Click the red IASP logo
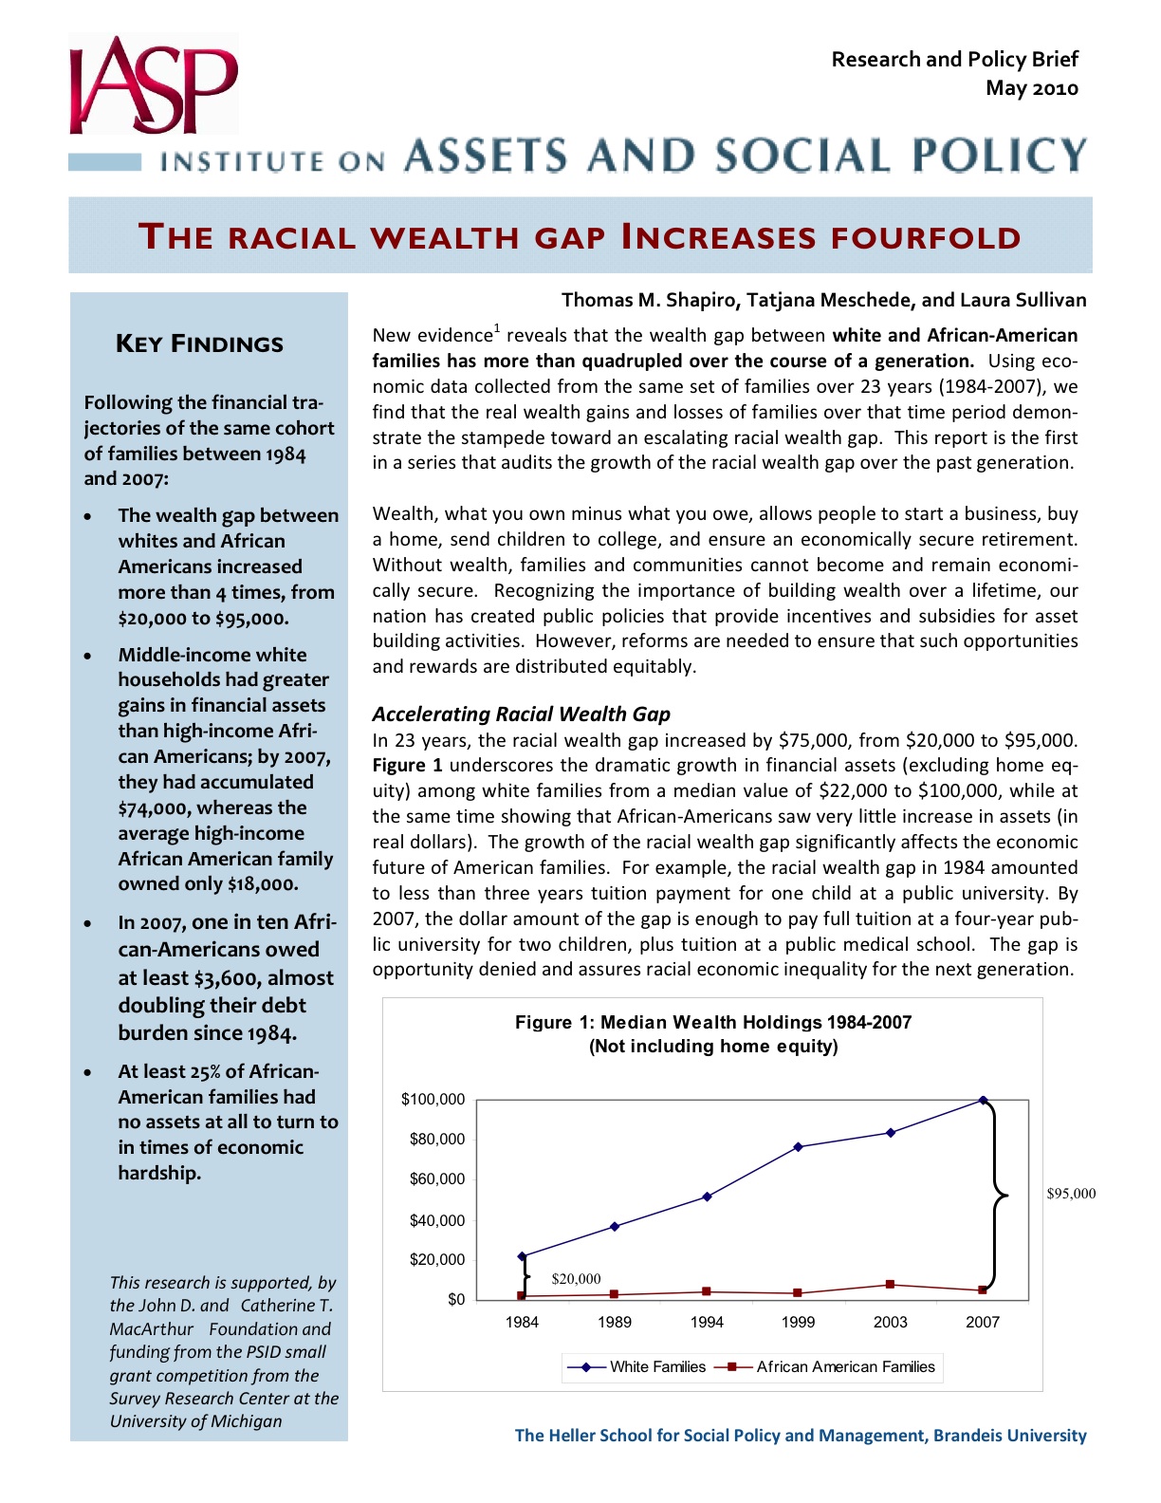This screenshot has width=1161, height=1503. pos(152,85)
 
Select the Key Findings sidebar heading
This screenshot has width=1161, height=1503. pos(199,343)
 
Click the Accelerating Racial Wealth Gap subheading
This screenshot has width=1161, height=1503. pos(521,714)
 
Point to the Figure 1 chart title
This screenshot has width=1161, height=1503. pos(713,1033)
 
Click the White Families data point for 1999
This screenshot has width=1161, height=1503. pos(799,1146)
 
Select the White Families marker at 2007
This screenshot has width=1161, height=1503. pos(983,1100)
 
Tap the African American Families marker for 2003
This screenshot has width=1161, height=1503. pos(890,1284)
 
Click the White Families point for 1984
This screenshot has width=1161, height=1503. pos(522,1255)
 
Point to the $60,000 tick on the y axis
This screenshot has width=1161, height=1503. pos(437,1178)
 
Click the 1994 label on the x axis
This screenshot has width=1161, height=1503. pos(707,1322)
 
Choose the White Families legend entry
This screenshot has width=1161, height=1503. pos(637,1366)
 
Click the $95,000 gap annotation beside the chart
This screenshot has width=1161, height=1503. pos(1071,1194)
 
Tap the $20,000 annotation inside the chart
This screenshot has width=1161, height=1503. pos(576,1279)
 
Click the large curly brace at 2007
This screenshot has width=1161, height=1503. pos(998,1195)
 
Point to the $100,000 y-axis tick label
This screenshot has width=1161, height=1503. pos(433,1099)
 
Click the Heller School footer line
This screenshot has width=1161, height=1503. pos(800,1435)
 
